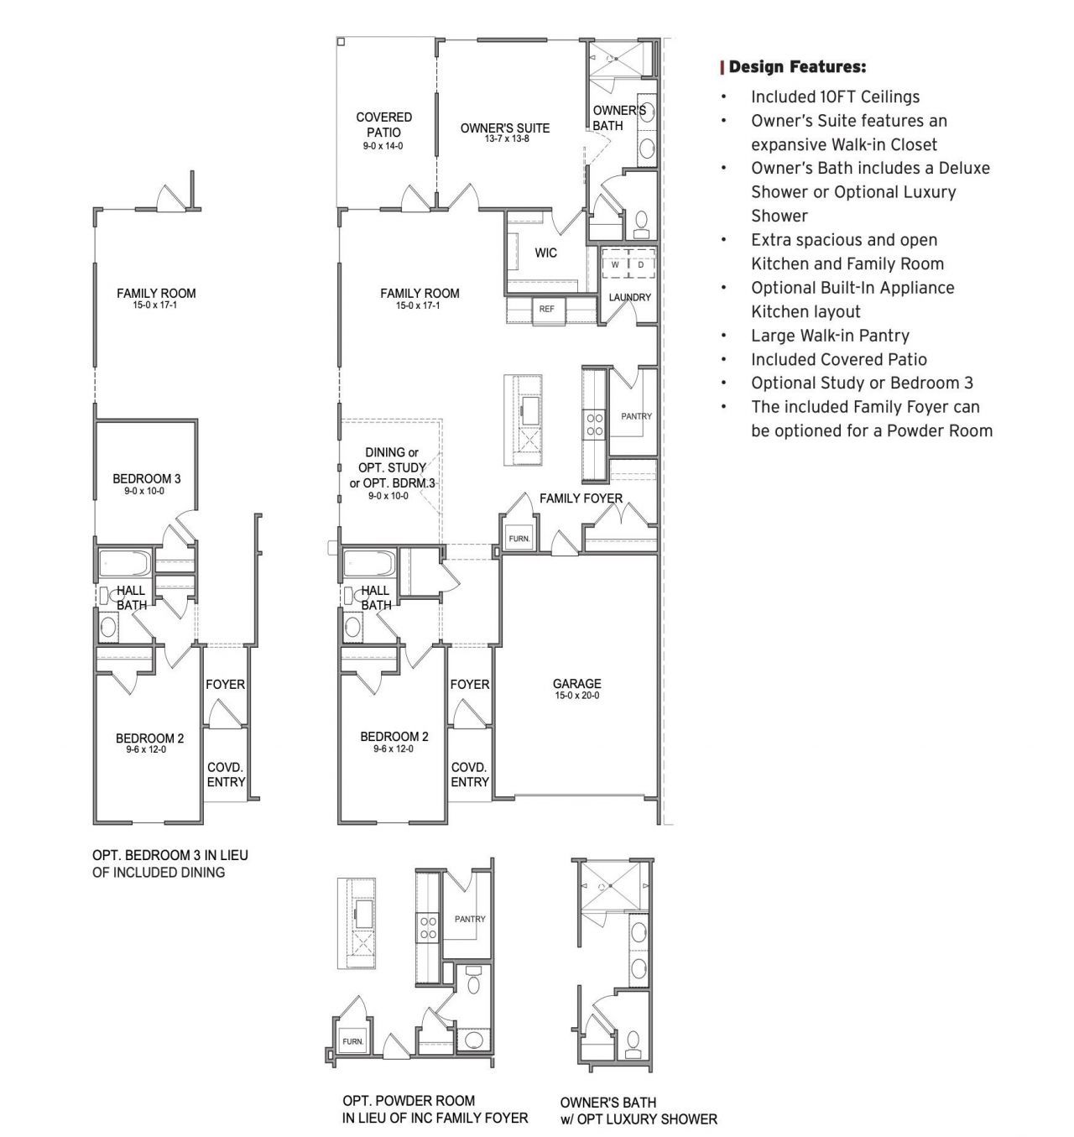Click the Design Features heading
pos(797,67)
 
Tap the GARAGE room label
pos(576,684)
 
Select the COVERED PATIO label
pos(383,125)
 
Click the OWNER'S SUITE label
pos(505,128)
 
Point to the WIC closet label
pos(545,253)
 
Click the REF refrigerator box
pos(547,309)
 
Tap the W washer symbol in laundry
pos(615,264)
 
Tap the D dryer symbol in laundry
pos(640,264)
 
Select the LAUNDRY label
pos(629,297)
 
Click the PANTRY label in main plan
pos(636,416)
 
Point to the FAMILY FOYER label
pos(581,498)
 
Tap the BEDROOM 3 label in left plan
pos(147,479)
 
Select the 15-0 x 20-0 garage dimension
pos(576,696)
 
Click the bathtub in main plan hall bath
pos(370,563)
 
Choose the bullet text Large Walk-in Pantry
pos(830,336)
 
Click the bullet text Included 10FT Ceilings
pos(835,96)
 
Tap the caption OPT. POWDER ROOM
pos(409,1100)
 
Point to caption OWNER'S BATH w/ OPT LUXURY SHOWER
pos(639,1110)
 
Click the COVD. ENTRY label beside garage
pos(469,775)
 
